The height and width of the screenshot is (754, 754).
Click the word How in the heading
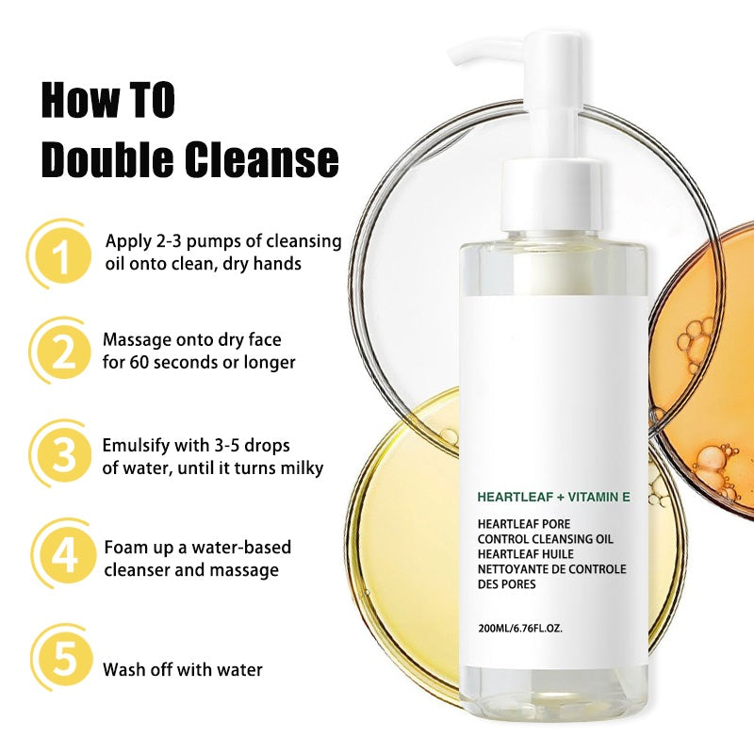click(x=76, y=101)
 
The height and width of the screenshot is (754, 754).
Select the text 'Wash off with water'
click(x=182, y=670)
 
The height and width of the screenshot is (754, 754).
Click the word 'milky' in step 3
click(x=300, y=467)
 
